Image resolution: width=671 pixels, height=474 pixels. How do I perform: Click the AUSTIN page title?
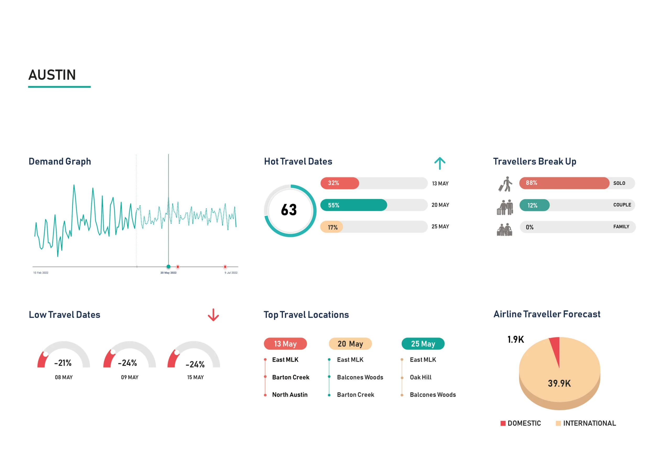pyautogui.click(x=52, y=75)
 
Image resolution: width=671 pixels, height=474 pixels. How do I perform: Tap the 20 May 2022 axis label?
pyautogui.click(x=168, y=273)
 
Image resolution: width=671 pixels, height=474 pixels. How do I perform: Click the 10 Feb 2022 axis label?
pyautogui.click(x=41, y=273)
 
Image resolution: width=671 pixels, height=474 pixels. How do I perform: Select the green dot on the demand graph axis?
pyautogui.click(x=168, y=266)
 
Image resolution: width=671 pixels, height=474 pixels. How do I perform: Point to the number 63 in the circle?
pyautogui.click(x=289, y=210)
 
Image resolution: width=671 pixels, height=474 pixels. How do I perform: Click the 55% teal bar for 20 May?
pyautogui.click(x=354, y=205)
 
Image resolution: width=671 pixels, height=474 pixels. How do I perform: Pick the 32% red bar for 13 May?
pyautogui.click(x=340, y=183)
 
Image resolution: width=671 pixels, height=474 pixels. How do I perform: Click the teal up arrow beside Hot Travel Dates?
pyautogui.click(x=440, y=163)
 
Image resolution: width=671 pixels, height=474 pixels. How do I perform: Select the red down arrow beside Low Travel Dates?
pyautogui.click(x=213, y=315)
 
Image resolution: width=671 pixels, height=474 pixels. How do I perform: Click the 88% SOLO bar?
pyautogui.click(x=564, y=183)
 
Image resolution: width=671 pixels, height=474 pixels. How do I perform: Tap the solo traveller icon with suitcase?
pyautogui.click(x=505, y=184)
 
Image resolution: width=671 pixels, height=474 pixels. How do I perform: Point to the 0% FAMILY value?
pyautogui.click(x=529, y=227)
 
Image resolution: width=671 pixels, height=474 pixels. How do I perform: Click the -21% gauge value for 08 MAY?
pyautogui.click(x=63, y=363)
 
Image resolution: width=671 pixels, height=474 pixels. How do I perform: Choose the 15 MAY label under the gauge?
pyautogui.click(x=195, y=377)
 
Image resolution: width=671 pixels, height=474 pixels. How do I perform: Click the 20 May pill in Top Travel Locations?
pyautogui.click(x=350, y=344)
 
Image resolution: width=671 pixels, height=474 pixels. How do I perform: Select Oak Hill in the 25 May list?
pyautogui.click(x=420, y=377)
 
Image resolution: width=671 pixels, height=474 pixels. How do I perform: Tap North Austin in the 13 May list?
pyautogui.click(x=290, y=395)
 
